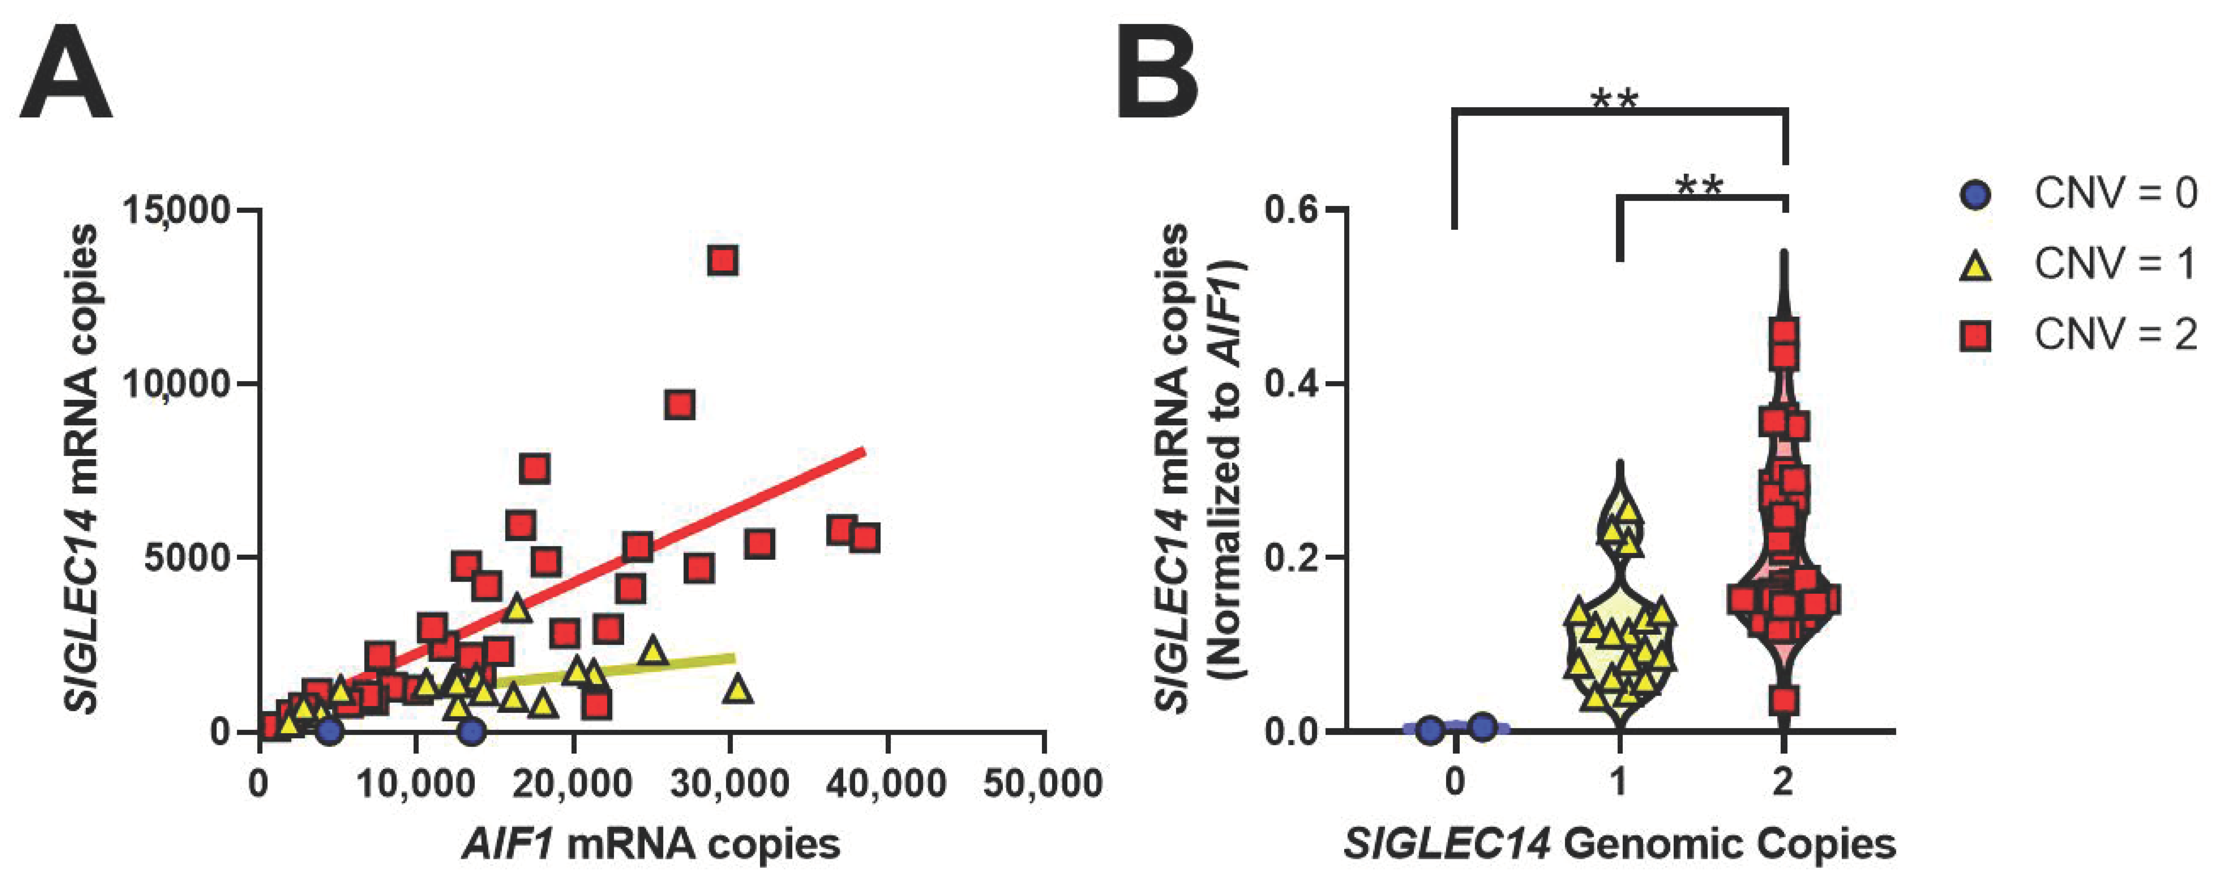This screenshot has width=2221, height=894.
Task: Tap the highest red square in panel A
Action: tap(723, 260)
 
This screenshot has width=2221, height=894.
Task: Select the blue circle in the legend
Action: tap(1975, 196)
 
